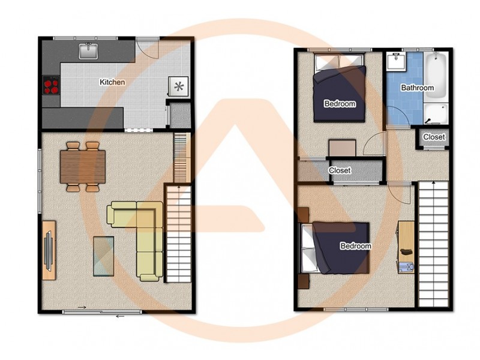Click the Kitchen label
112,82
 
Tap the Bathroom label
417,88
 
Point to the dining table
82,166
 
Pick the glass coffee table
103,255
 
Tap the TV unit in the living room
49,248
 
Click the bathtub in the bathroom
436,75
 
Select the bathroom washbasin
397,61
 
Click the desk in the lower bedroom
406,246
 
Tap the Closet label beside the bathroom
434,137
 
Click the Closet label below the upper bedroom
340,170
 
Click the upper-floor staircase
433,243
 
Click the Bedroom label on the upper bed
340,104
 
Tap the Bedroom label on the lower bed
355,246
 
